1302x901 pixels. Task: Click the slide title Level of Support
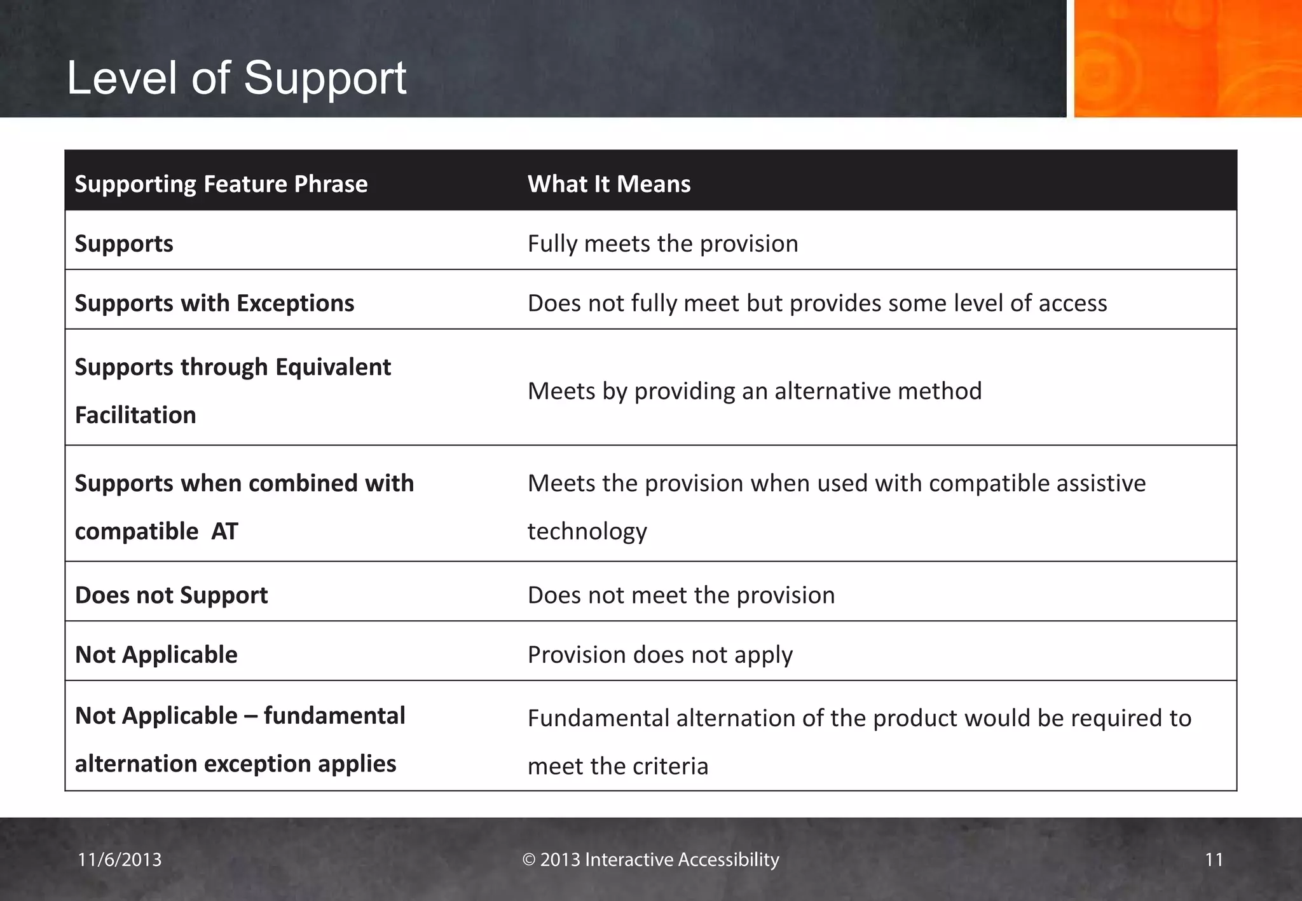click(236, 78)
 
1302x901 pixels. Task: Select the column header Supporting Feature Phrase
click(221, 184)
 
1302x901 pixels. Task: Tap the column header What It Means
click(608, 184)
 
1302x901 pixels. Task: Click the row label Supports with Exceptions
click(214, 303)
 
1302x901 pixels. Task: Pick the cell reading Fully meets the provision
click(662, 244)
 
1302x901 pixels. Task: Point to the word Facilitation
click(135, 415)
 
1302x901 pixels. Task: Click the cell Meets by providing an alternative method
click(754, 391)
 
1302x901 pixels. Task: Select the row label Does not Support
click(171, 595)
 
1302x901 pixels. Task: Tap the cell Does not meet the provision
click(681, 595)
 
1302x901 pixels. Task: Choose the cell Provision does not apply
click(660, 654)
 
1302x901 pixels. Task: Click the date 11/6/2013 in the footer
click(120, 860)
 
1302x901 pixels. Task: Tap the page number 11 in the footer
click(1214, 860)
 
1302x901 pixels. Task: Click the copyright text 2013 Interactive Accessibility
click(650, 860)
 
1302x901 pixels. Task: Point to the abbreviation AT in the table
click(224, 531)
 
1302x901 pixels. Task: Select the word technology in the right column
click(587, 531)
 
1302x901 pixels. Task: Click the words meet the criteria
click(617, 766)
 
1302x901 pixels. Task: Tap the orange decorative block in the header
click(1187, 58)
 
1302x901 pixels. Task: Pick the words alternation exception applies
click(235, 764)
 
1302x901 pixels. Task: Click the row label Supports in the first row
click(124, 244)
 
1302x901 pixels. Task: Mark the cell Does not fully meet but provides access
click(817, 303)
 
